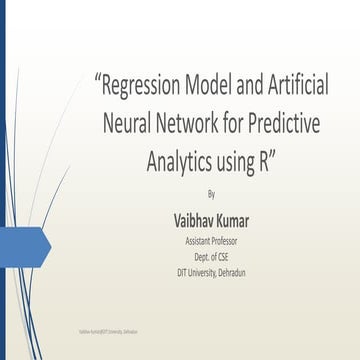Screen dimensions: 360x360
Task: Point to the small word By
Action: (210, 192)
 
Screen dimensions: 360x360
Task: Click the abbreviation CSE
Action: (225, 256)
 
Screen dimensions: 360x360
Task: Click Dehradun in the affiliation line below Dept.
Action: (239, 271)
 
